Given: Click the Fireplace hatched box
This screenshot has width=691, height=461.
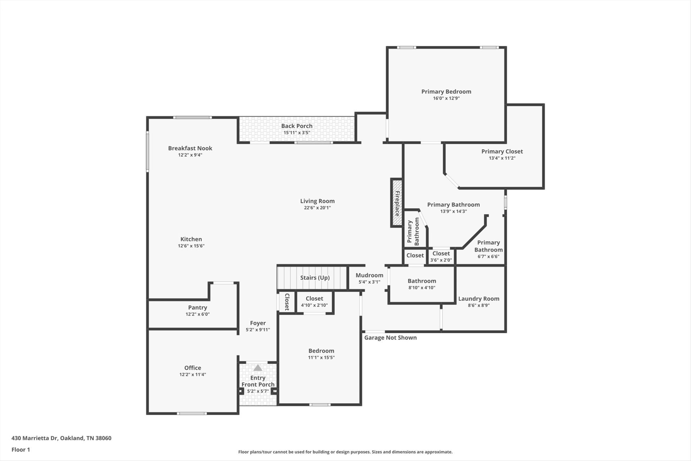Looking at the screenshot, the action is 396,203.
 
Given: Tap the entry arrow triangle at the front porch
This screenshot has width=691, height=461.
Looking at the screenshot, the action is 258,368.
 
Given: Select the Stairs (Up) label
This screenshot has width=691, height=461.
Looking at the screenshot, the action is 315,278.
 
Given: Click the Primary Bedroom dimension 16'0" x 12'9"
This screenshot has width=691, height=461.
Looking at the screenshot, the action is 446,98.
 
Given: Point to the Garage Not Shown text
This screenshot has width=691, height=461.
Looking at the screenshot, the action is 390,337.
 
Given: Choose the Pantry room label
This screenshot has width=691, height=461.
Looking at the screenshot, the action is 198,308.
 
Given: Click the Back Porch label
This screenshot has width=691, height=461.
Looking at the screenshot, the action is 297,126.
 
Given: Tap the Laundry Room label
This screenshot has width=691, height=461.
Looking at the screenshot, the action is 479,299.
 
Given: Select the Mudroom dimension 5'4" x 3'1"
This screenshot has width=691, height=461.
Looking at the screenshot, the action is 370,282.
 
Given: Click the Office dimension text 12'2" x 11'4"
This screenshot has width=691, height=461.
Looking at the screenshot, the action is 193,375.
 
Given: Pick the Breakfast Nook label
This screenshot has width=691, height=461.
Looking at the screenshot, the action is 190,148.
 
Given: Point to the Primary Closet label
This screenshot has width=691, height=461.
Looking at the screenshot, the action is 502,152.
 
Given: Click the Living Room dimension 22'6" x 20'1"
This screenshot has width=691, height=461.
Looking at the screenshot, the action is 317,208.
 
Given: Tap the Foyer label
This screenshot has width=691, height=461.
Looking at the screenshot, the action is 258,323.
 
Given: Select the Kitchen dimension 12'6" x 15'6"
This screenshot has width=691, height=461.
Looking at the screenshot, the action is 191,246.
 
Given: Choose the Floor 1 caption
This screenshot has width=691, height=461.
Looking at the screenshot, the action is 21,449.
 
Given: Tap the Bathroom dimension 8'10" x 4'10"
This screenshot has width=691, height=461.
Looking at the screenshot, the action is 422,288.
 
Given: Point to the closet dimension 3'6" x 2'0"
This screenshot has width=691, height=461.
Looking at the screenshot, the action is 441,260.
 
